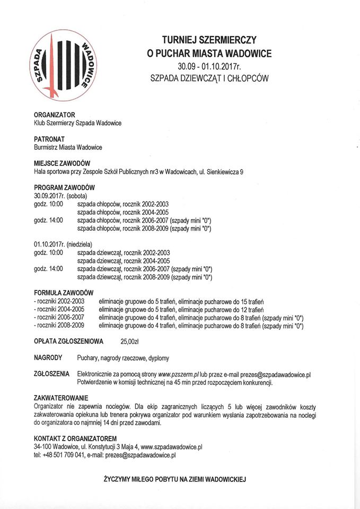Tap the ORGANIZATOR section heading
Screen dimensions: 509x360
[55, 115]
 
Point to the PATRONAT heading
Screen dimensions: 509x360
[49, 139]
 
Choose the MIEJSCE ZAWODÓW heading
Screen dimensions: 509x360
[62, 163]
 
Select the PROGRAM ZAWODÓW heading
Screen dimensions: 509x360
[64, 188]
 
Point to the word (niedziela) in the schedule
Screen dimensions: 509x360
[80, 245]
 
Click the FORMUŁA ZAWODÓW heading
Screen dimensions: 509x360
[64, 293]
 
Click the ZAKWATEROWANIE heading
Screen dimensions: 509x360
[61, 398]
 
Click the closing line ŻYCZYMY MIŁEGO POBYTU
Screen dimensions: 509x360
[174, 479]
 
